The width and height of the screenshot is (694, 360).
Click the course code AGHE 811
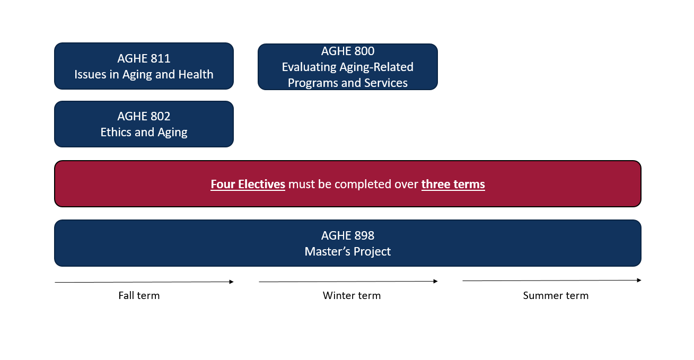pos(144,58)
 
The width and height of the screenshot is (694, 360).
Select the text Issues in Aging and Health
pos(144,75)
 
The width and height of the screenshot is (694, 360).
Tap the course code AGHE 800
pos(348,51)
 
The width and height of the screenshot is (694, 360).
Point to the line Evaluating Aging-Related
pos(348,67)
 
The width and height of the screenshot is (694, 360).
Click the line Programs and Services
pos(348,83)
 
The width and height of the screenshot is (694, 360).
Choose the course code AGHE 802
pos(144,116)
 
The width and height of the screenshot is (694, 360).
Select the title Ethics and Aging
pos(144,133)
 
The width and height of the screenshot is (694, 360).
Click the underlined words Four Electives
pos(248,184)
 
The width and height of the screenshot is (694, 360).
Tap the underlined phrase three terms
pos(453,184)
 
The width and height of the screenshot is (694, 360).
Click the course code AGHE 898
pos(348,235)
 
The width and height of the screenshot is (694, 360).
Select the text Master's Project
pos(348,251)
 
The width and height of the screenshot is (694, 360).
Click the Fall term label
pos(139,295)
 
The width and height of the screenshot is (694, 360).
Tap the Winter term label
pos(352,295)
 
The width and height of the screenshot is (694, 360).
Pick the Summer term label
pos(556,295)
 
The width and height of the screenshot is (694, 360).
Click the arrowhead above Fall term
pos(232,282)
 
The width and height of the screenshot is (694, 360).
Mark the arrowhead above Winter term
pos(436,282)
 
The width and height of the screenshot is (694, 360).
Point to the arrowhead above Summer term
pos(639,280)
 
